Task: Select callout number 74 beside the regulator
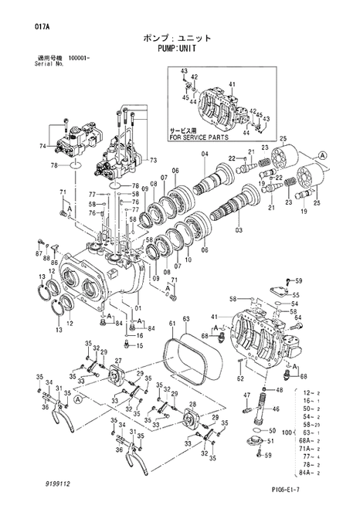42,146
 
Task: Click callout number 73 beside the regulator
152,160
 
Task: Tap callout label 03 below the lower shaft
238,229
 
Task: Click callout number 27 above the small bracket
118,361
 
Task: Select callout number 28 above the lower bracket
192,405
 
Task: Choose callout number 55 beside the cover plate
294,295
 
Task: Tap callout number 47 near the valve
247,395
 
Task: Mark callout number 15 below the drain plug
139,346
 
